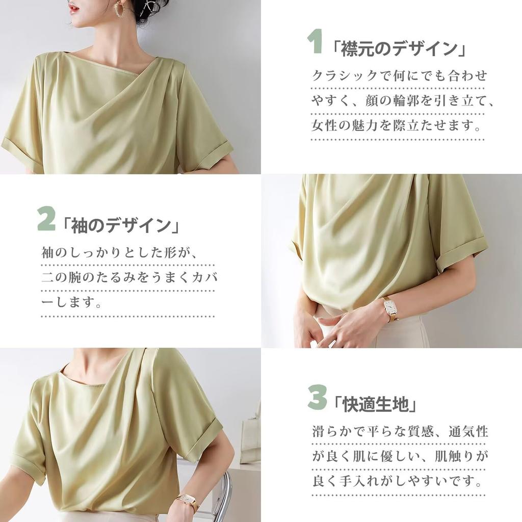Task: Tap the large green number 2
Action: tap(46, 218)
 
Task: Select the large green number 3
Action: tap(317, 397)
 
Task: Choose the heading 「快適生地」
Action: tap(375, 404)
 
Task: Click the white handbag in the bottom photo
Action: tap(250, 437)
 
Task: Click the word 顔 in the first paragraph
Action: tap(372, 100)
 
